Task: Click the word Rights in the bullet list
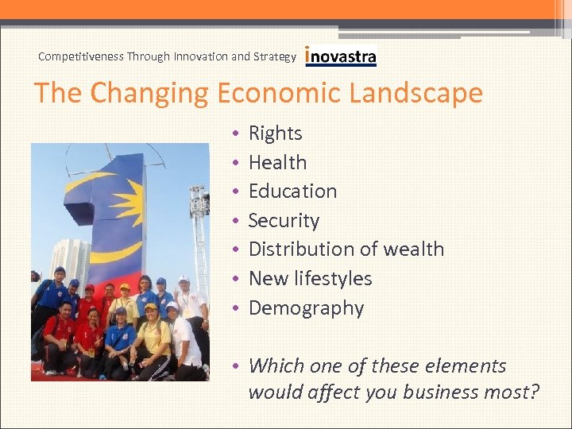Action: pyautogui.click(x=275, y=133)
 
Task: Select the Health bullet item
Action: pyautogui.click(x=277, y=162)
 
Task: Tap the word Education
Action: pyautogui.click(x=292, y=191)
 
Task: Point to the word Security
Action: pyautogui.click(x=284, y=220)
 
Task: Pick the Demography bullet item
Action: pyautogui.click(x=306, y=307)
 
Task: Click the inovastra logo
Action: pyautogui.click(x=341, y=57)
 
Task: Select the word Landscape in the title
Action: pyautogui.click(x=419, y=93)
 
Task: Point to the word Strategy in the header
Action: pyautogui.click(x=274, y=56)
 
